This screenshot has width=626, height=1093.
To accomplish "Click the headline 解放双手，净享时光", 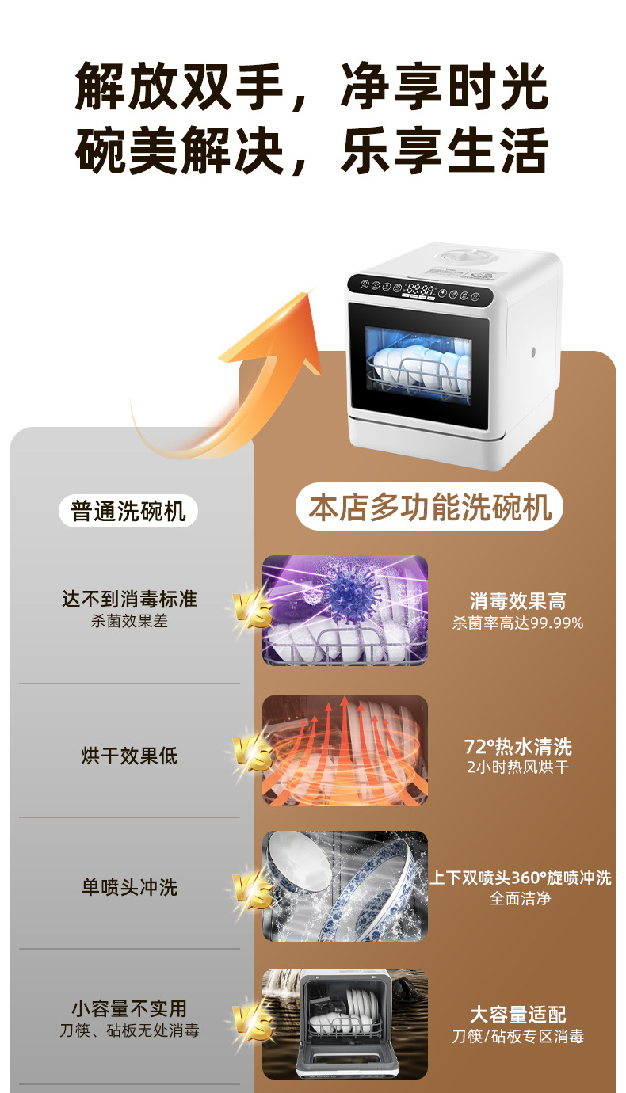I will pyautogui.click(x=312, y=87).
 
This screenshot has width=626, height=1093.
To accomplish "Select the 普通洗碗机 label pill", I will pyautogui.click(x=128, y=511).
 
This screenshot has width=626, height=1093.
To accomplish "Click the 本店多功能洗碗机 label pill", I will pyautogui.click(x=429, y=508).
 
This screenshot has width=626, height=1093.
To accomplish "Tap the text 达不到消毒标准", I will pyautogui.click(x=129, y=599).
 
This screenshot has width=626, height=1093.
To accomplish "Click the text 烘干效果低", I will pyautogui.click(x=129, y=756).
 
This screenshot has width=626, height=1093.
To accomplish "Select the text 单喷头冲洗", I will pyautogui.click(x=129, y=887).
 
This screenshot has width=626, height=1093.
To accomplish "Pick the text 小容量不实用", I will pyautogui.click(x=129, y=1008).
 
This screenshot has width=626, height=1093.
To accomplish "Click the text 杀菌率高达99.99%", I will pyautogui.click(x=517, y=623).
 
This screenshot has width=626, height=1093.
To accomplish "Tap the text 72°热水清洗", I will pyautogui.click(x=517, y=746).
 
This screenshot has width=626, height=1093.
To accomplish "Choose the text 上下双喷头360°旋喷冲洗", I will pyautogui.click(x=521, y=878).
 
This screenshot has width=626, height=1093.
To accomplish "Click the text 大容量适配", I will pyautogui.click(x=517, y=1015).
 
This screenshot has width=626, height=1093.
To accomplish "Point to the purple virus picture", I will pyautogui.click(x=345, y=610).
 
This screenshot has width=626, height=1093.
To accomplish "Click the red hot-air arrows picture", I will pyautogui.click(x=345, y=751).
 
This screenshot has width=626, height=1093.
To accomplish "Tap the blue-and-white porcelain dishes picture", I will pyautogui.click(x=345, y=885).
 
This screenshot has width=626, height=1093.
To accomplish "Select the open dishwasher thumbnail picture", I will pyautogui.click(x=345, y=1023).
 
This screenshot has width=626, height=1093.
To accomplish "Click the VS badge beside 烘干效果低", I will pyautogui.click(x=252, y=756).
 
